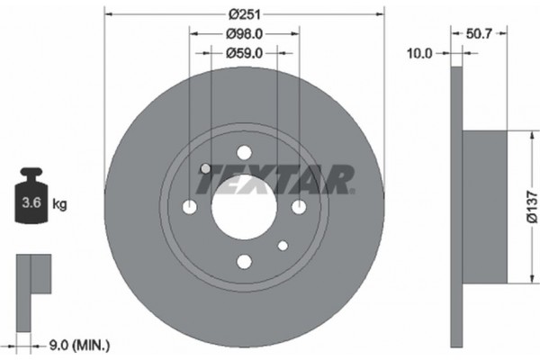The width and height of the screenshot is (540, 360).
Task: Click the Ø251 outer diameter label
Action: (x=244, y=14)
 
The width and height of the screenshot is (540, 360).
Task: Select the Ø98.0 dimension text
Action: (x=244, y=34)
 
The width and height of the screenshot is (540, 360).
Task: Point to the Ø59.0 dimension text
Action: (x=244, y=53)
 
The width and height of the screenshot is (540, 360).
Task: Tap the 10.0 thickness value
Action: (x=418, y=53)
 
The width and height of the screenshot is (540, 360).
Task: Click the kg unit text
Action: (x=60, y=205)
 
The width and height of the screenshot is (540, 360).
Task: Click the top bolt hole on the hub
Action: (x=244, y=153)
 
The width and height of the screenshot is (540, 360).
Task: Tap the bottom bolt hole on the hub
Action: (x=244, y=261)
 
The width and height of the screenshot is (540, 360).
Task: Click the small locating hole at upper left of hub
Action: (x=205, y=168)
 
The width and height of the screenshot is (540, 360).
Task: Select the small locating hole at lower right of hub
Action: (x=283, y=245)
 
